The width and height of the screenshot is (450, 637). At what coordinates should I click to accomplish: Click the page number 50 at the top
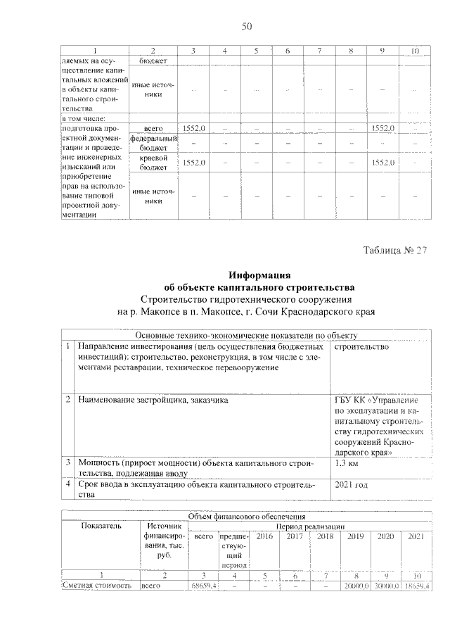[x=246, y=27]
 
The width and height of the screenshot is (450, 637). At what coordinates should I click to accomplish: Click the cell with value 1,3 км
[x=350, y=465]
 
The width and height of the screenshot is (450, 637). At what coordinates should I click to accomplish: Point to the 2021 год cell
[x=352, y=485]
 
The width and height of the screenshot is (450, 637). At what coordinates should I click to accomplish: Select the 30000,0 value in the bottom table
[x=386, y=585]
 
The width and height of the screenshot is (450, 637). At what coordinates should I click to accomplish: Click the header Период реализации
[x=310, y=526]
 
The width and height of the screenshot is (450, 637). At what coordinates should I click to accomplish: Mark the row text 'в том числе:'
[x=84, y=119]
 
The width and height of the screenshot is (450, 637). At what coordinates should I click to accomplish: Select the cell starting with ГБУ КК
[x=380, y=427]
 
